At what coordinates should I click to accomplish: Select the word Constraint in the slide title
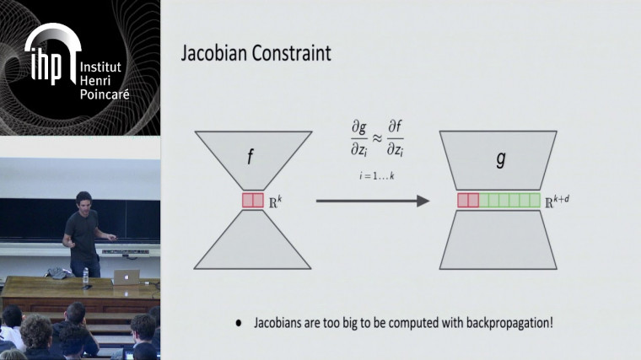tap(289, 53)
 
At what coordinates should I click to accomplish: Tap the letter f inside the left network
tap(250, 157)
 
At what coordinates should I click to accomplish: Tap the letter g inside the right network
tap(501, 158)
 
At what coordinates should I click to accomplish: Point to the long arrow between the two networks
tap(372, 201)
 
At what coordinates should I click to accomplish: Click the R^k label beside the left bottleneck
tap(276, 201)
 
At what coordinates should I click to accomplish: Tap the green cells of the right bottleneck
tap(509, 201)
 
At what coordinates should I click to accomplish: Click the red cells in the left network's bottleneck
tap(252, 201)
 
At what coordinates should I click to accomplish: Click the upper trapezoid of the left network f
tap(250, 159)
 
